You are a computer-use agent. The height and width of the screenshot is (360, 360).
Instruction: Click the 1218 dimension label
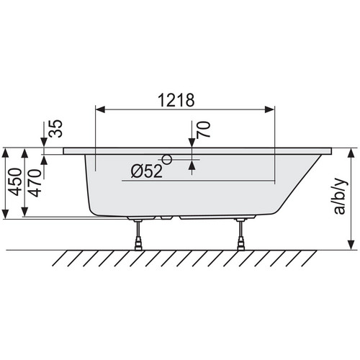tap(176, 100)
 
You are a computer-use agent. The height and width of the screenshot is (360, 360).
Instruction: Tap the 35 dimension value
tap(55, 129)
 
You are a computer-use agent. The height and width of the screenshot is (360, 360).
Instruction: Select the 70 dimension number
tap(203, 130)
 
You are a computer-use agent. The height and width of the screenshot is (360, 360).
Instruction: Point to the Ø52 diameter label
tap(147, 171)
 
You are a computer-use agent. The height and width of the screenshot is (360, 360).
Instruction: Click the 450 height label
tap(15, 182)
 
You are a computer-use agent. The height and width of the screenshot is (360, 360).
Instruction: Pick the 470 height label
tap(35, 183)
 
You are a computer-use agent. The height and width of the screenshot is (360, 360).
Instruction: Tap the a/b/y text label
tap(340, 196)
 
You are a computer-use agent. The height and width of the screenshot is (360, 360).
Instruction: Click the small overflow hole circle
tap(167, 159)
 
